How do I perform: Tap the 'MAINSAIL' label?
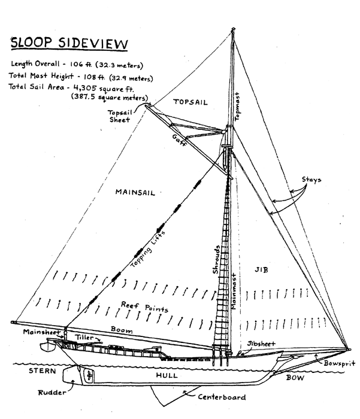pyautogui.click(x=137, y=192)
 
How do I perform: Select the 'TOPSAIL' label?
pyautogui.click(x=190, y=102)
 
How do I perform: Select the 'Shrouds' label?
pyautogui.click(x=220, y=259)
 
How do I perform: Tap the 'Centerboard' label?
pyautogui.click(x=224, y=397)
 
